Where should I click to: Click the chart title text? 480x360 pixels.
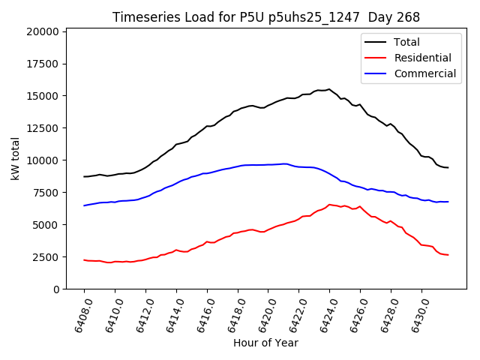click(266, 17)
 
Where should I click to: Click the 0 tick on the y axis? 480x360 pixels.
click(56, 289)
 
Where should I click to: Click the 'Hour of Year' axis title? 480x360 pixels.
click(265, 343)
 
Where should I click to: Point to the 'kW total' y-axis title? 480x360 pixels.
click(15, 159)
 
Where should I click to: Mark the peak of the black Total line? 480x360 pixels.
click(329, 89)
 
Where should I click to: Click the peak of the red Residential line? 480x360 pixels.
click(329, 204)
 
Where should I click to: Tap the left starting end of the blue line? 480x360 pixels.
click(84, 205)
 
